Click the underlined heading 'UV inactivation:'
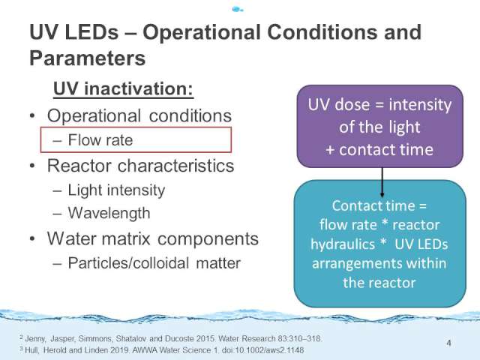click(123, 89)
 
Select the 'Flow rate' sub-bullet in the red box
click(100, 140)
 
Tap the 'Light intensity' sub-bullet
click(116, 190)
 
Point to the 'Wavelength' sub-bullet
click(109, 213)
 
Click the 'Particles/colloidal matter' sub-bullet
click(154, 263)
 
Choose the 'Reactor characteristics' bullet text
click(140, 166)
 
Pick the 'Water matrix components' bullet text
click(153, 238)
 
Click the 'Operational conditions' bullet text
click(139, 116)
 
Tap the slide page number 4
click(448, 343)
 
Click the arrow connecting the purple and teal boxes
click(382, 182)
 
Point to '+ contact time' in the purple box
click(379, 150)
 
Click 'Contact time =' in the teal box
click(379, 205)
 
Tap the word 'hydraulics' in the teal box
click(343, 244)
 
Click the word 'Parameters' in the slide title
click(87, 58)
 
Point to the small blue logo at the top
click(238, 9)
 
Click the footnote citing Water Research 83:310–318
click(171, 338)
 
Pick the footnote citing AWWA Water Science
click(162, 350)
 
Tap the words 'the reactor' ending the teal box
click(379, 283)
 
